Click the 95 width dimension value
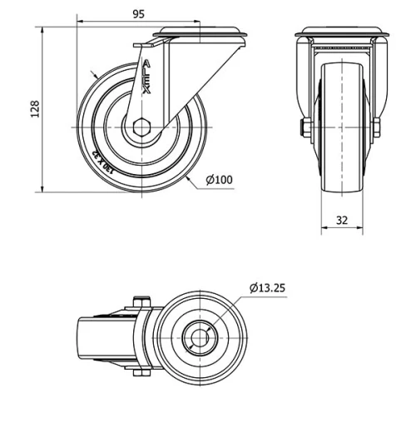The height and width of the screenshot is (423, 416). [x=139, y=12]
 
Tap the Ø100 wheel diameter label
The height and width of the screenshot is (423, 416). [x=219, y=178]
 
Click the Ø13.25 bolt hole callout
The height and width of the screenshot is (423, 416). [x=267, y=288]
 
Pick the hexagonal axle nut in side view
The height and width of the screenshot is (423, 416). [x=139, y=127]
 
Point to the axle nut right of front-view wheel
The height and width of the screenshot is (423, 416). [x=376, y=127]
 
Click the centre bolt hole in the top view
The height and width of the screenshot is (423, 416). [x=200, y=338]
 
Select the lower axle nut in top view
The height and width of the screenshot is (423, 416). [x=139, y=372]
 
